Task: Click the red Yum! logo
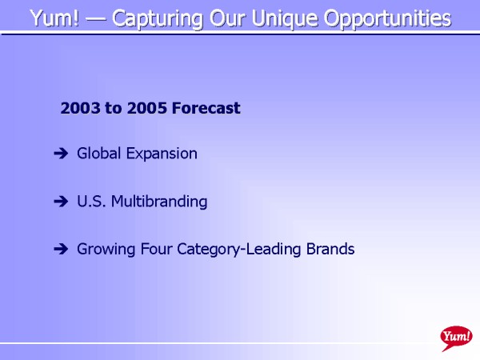pos(456,337)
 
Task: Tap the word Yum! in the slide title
pos(54,18)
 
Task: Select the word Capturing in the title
pos(158,19)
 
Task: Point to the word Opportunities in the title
pos(387,19)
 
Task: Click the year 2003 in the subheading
pos(80,108)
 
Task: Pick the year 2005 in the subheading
pos(147,108)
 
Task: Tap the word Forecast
pos(206,108)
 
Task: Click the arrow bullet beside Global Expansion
pos(61,153)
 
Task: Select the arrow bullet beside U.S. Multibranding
pos(61,201)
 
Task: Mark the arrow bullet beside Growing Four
pos(61,249)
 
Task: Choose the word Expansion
pos(162,154)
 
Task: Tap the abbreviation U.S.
pos(91,202)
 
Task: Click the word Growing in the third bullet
pos(106,250)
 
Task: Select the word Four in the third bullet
pos(156,249)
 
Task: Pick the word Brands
pos(330,249)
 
